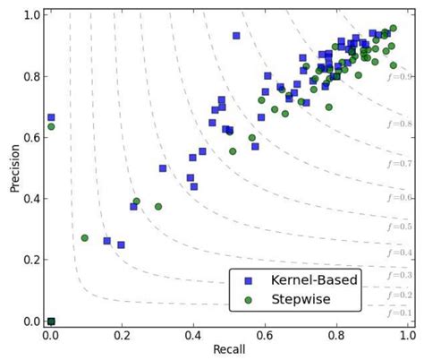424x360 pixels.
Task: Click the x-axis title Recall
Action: tap(229, 349)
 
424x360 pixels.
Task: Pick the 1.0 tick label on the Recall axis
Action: tap(407, 335)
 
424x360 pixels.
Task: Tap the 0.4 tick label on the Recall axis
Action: tap(193, 335)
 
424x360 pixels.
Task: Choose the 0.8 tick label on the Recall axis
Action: tap(335, 335)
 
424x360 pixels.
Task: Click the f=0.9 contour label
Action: tap(399, 78)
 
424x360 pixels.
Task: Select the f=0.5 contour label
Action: tap(399, 227)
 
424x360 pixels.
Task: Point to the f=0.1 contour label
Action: tap(399, 313)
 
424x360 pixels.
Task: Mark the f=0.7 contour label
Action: tap(399, 164)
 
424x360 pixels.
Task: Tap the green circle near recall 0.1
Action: tap(85, 238)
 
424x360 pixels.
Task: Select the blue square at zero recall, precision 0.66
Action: tap(51, 117)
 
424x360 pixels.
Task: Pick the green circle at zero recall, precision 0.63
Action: tap(51, 126)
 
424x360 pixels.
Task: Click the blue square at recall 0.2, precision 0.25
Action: tap(121, 244)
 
